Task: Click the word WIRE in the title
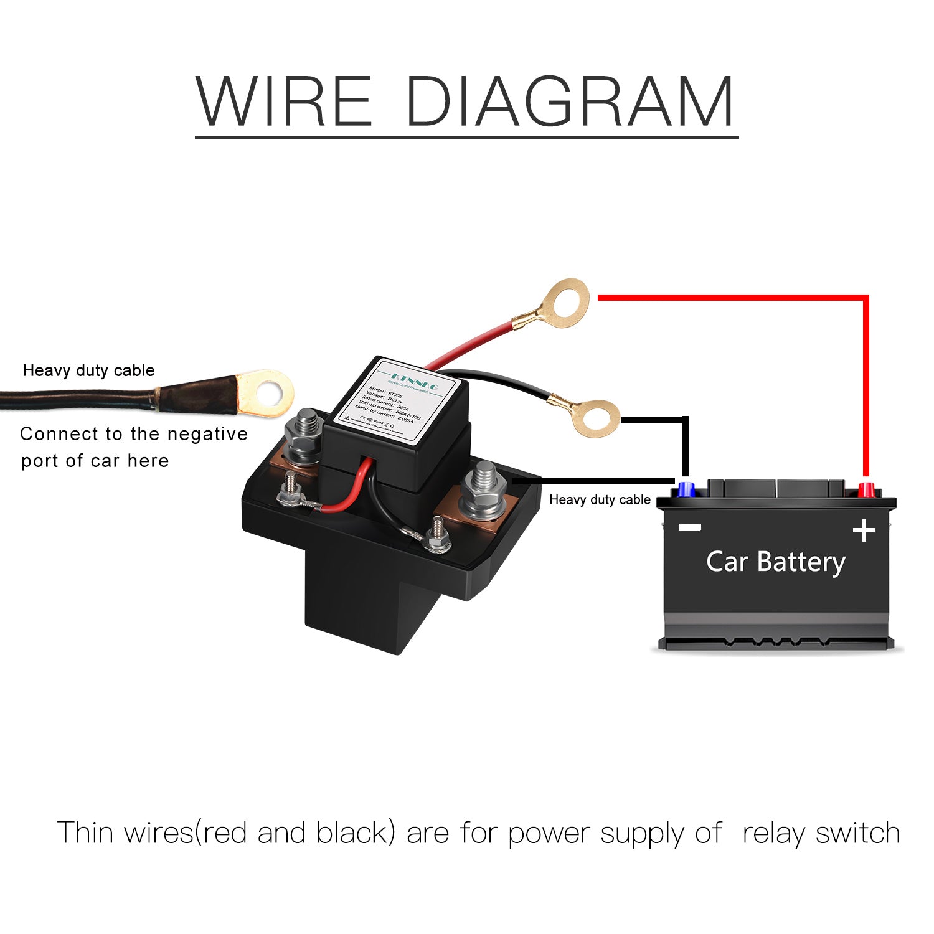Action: tap(284, 101)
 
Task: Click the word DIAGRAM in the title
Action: tap(569, 101)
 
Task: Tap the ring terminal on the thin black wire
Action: tap(595, 418)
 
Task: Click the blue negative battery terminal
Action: tap(686, 489)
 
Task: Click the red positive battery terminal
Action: tap(866, 489)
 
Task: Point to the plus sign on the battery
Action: tap(864, 531)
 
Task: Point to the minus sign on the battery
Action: tap(689, 527)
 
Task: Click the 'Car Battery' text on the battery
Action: tap(775, 562)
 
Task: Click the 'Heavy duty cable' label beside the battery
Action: tap(600, 500)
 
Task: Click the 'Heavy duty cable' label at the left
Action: tap(88, 370)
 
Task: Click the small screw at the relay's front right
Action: tap(438, 537)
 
